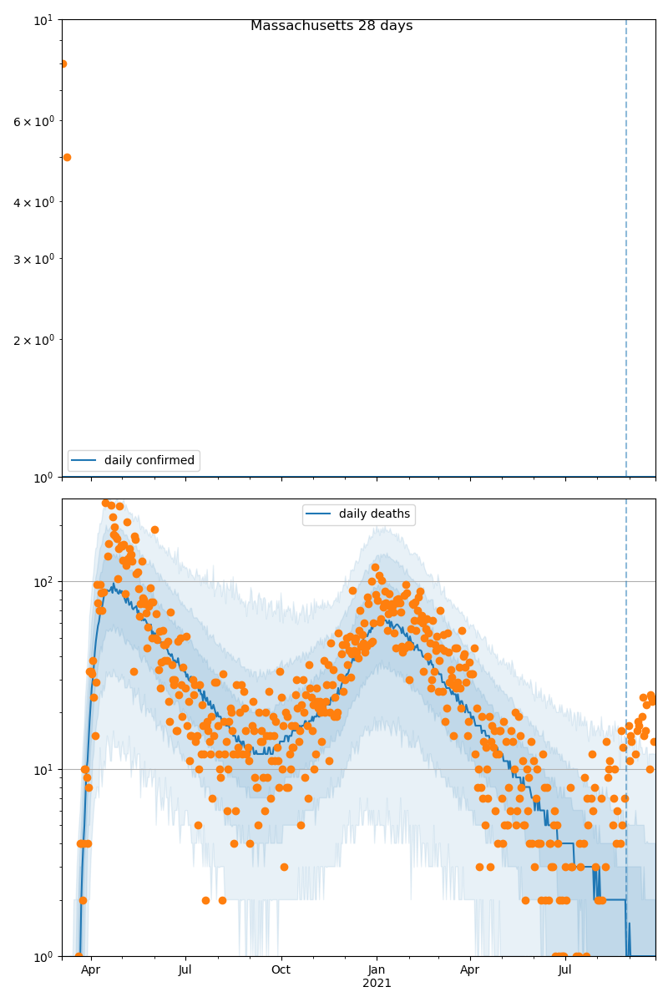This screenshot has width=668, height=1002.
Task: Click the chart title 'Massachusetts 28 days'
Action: (x=331, y=26)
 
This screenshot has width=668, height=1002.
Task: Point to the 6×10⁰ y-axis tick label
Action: (x=33, y=121)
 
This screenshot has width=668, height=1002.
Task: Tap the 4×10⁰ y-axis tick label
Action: (x=33, y=202)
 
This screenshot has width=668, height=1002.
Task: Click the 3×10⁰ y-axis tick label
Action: (x=33, y=259)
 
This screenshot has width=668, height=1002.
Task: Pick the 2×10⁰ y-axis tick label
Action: (x=33, y=340)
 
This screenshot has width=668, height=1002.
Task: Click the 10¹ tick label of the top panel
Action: (x=42, y=19)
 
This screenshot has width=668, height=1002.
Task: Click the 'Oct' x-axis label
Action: (x=281, y=970)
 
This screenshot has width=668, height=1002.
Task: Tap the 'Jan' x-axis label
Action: (x=377, y=970)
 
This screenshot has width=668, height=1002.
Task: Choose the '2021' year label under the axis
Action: (x=377, y=983)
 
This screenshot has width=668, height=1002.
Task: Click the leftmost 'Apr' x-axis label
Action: (x=90, y=970)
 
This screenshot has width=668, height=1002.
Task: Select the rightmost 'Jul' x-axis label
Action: (x=565, y=970)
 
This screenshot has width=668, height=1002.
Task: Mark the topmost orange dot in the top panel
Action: (x=63, y=63)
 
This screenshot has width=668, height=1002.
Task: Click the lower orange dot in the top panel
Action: (x=67, y=157)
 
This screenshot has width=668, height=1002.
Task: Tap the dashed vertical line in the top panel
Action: (x=626, y=250)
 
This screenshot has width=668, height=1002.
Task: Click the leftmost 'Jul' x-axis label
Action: (x=185, y=970)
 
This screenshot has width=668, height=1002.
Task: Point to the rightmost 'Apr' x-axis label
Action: (x=470, y=970)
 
